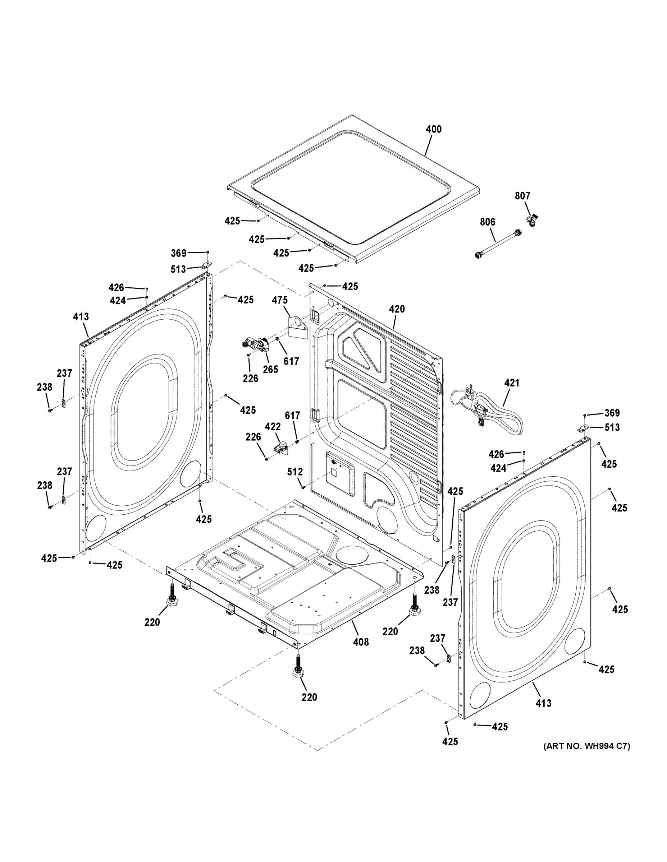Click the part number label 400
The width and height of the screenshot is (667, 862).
pos(434,129)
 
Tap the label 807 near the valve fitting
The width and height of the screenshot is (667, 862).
pos(522,196)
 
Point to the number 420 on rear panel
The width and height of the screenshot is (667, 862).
pos(397,309)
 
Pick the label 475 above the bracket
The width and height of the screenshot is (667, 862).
pos(280,300)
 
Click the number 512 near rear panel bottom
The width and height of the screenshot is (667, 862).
pos(295,472)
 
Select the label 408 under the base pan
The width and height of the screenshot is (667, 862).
pos(361,642)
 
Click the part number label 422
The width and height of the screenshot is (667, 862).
pos(273,427)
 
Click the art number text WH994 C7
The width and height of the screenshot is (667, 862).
pos(587,746)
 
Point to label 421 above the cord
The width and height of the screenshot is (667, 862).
pos(512,383)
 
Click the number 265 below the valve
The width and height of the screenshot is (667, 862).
pos(271,370)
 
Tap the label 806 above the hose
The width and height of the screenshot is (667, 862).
pos(488,222)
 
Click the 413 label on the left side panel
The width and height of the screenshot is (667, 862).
pos(81,316)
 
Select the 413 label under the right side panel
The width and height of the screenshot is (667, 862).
pos(543,703)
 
